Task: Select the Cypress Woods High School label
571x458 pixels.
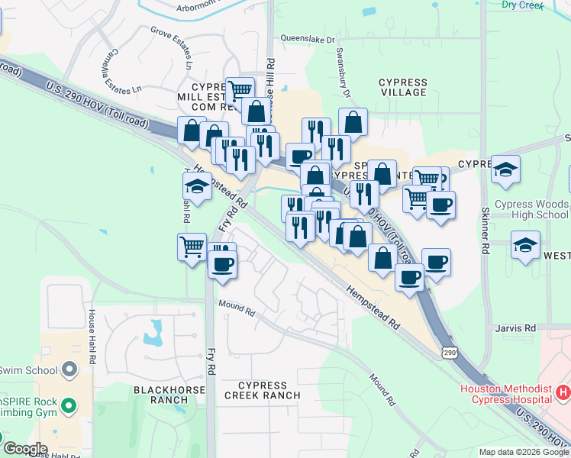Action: point(531,209)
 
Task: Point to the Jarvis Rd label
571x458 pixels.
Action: point(515,328)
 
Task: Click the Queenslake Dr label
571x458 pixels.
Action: point(308,39)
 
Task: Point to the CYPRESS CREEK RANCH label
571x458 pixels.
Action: point(262,391)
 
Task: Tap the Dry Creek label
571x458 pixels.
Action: point(523,5)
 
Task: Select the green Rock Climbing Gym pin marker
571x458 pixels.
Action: point(69,405)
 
